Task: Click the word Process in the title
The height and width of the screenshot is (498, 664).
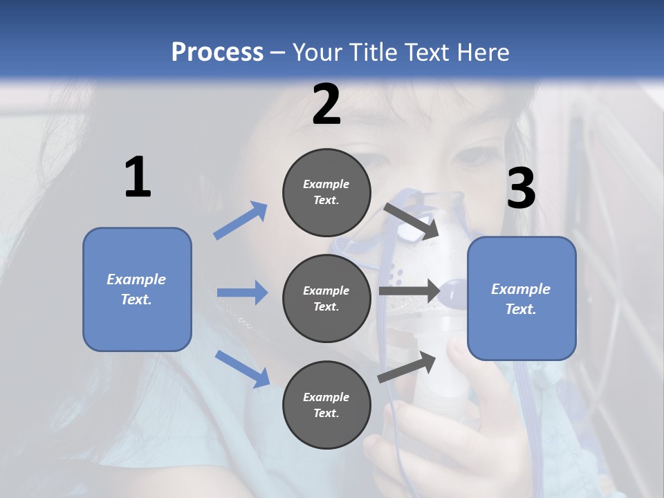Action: (217, 52)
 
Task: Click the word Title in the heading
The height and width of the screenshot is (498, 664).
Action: (372, 52)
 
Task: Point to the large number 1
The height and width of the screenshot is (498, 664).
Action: (138, 178)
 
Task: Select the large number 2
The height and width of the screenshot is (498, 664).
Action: (326, 104)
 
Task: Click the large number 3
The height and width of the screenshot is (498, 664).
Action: (522, 188)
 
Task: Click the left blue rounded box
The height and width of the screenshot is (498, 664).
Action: (137, 289)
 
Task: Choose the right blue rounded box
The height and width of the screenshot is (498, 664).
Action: (522, 299)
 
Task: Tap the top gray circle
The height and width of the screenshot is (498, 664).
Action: (326, 192)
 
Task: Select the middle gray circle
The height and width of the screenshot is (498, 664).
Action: (326, 298)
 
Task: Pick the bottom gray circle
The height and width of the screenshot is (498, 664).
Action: (326, 405)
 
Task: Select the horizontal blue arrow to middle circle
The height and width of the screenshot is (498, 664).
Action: (242, 293)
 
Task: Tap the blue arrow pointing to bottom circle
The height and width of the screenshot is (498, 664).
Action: (243, 369)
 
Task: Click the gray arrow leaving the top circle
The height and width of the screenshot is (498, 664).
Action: (412, 221)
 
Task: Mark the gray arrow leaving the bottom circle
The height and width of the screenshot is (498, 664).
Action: (407, 367)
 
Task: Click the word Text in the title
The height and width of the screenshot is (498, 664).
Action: (425, 52)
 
